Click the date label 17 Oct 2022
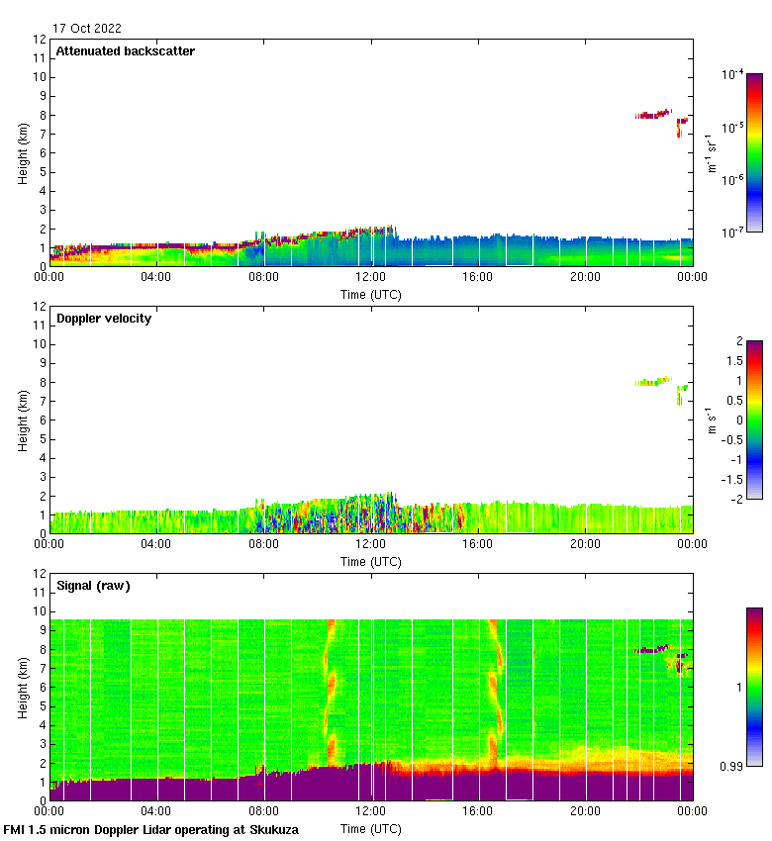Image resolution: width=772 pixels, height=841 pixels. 88,29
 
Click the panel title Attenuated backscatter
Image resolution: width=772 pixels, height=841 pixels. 125,51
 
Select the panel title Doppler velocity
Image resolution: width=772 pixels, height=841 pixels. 103,319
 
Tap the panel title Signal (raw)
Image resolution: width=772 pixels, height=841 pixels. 93,586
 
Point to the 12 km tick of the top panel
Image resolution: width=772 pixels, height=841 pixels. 41,40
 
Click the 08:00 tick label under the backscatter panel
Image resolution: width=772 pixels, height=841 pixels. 263,278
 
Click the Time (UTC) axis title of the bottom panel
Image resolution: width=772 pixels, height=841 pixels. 371,828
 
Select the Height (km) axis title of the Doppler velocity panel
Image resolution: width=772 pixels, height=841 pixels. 23,420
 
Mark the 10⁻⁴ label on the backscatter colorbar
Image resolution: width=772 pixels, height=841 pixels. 733,75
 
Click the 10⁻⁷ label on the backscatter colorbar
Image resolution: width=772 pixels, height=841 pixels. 733,232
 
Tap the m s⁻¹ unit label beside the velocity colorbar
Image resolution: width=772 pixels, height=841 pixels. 711,420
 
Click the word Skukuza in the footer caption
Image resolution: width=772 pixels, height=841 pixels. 273,830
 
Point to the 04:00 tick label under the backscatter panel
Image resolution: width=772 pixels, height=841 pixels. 156,278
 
